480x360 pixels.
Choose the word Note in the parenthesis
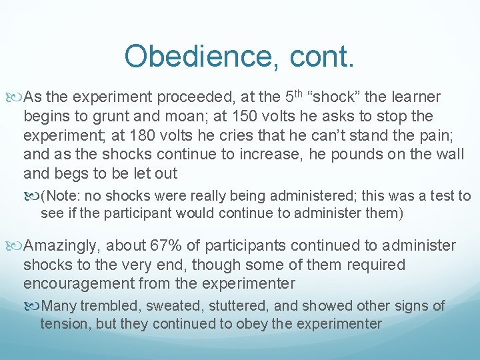[x=61, y=196]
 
